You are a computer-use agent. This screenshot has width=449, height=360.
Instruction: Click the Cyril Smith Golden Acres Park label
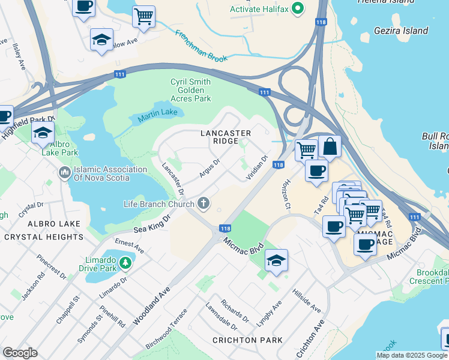pos(191,90)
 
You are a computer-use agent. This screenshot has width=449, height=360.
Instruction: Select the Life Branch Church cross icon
pos(203,204)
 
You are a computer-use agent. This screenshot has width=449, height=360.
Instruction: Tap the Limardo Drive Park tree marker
pos(125,262)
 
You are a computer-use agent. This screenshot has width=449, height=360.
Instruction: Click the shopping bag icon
pos(330,146)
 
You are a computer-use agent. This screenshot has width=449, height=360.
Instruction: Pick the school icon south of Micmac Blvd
pos(276,261)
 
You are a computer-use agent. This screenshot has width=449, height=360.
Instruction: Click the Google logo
pos(20,353)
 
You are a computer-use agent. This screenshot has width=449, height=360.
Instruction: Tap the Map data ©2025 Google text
pos(411,355)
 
